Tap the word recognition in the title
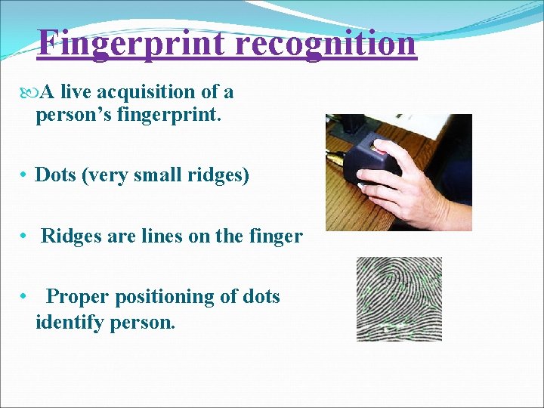click(x=326, y=42)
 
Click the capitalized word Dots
click(x=55, y=175)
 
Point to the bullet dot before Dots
click(x=26, y=175)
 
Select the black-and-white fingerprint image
click(x=399, y=298)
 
